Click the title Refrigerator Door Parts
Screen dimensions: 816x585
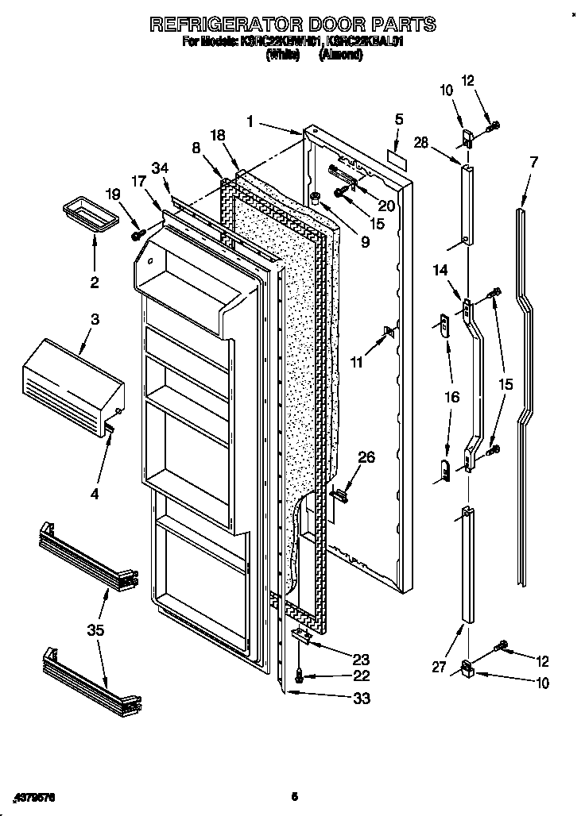(292, 25)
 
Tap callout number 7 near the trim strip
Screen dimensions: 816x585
(533, 162)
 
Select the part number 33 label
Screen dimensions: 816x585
(361, 699)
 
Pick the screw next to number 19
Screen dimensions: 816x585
(138, 234)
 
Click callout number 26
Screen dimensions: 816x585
(366, 457)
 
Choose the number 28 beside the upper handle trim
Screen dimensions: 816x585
(421, 144)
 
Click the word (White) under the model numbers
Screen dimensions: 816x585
(282, 56)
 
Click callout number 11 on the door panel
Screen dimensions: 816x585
(357, 363)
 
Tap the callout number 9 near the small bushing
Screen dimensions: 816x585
(365, 243)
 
